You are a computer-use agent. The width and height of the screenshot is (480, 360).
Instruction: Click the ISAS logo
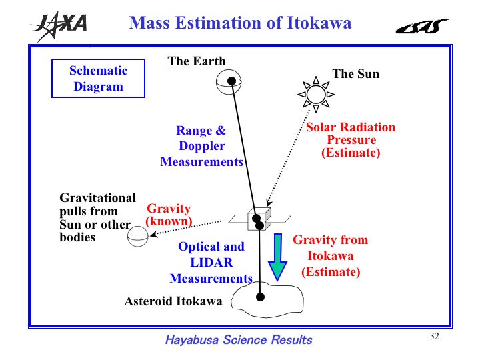[x=422, y=26]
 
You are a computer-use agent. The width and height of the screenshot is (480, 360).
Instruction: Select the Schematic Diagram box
[x=98, y=79]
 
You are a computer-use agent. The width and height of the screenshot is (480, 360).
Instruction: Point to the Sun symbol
[x=316, y=94]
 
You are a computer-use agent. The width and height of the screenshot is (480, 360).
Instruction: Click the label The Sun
[x=356, y=74]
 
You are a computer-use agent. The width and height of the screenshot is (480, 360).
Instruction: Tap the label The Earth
[x=197, y=61]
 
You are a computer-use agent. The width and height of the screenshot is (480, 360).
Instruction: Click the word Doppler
[x=202, y=146]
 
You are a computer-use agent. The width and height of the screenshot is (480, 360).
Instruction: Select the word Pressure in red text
[x=351, y=140]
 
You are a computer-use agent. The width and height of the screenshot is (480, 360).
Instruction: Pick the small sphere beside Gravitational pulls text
[x=138, y=236]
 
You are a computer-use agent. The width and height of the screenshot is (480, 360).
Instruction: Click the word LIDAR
[x=211, y=263]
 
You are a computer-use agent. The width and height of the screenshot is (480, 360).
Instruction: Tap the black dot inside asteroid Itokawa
[x=260, y=297]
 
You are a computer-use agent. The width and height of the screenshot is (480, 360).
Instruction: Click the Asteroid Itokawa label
[x=173, y=301]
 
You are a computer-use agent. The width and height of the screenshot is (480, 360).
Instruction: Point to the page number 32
[x=435, y=336]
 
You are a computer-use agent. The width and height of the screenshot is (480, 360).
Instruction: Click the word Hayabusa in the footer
[x=192, y=340]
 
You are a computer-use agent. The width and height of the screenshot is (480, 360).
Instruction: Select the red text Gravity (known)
[x=169, y=215]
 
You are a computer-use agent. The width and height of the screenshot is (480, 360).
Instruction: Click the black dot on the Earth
[x=232, y=81]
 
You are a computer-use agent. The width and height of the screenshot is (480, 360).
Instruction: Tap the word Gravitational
[x=97, y=198]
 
